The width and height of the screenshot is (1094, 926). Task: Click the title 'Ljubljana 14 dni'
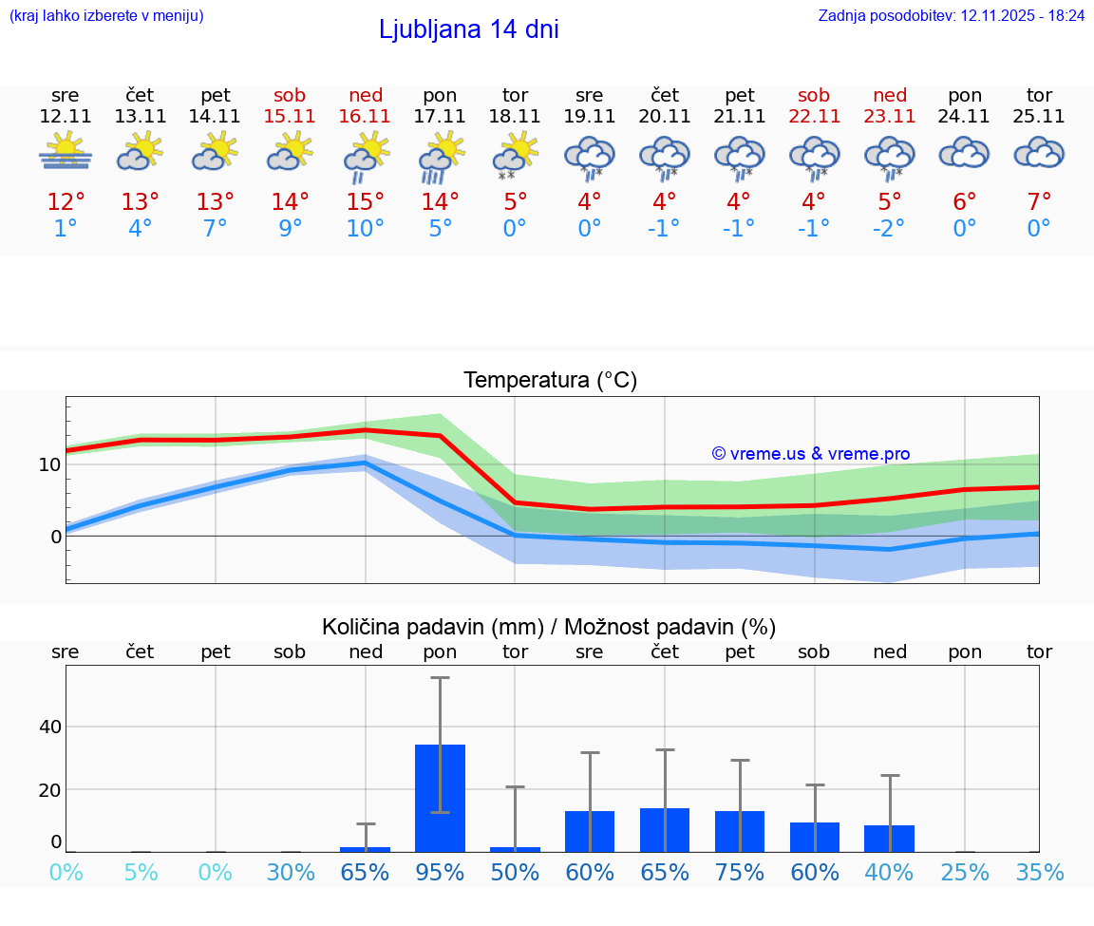click(468, 29)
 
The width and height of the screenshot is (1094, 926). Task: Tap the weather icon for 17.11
click(441, 156)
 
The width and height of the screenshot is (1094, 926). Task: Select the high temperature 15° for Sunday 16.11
click(366, 202)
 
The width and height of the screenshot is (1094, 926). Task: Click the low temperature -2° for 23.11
click(889, 229)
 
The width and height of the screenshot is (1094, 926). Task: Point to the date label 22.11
click(814, 116)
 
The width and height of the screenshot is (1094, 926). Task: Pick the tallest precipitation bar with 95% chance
click(441, 798)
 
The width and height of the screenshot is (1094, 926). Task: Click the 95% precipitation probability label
click(441, 872)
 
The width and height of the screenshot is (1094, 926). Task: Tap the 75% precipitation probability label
click(740, 872)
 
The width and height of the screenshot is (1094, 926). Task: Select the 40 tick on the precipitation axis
click(49, 727)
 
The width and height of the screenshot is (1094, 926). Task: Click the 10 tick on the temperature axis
click(49, 464)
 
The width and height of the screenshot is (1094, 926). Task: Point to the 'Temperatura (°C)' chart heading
click(550, 381)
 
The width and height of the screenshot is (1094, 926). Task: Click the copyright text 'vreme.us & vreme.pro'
click(811, 454)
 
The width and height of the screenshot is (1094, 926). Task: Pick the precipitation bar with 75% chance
click(740, 831)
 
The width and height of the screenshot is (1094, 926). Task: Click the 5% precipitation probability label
click(141, 872)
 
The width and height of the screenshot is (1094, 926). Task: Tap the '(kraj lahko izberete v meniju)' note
click(106, 16)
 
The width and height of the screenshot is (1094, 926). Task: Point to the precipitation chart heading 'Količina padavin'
click(549, 627)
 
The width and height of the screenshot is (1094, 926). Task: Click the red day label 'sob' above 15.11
click(290, 95)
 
